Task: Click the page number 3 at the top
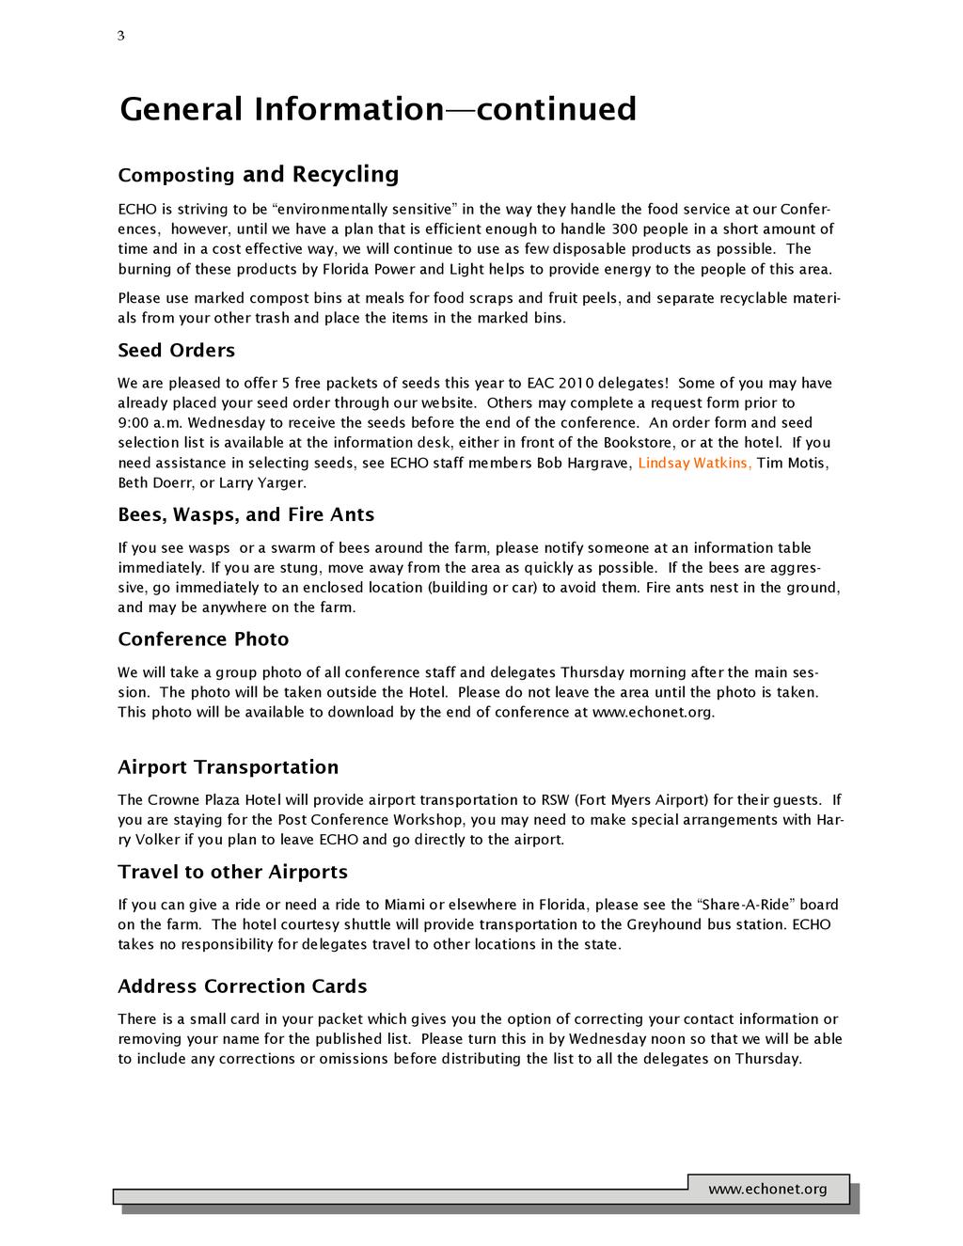click(120, 37)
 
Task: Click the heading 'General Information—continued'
click(378, 109)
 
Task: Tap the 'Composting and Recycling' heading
click(258, 175)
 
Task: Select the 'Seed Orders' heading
click(176, 351)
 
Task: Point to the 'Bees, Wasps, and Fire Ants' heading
click(245, 514)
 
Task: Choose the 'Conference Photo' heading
click(203, 639)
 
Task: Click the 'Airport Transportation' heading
click(228, 767)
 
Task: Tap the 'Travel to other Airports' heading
click(232, 872)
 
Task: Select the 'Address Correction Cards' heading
click(242, 986)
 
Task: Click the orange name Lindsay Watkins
click(694, 463)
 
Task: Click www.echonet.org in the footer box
click(767, 1190)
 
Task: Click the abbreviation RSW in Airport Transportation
click(554, 800)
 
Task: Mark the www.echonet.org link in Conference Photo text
click(652, 712)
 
